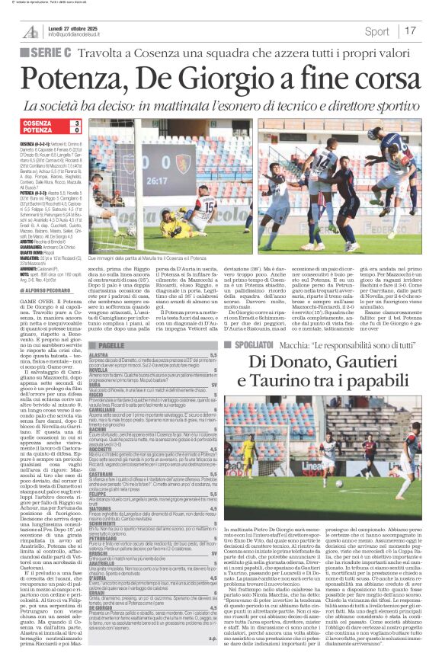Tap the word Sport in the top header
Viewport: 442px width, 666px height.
(x=376, y=31)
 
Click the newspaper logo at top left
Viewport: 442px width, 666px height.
(x=30, y=31)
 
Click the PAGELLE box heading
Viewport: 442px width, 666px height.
(x=110, y=345)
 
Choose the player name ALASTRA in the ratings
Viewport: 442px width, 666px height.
(x=99, y=355)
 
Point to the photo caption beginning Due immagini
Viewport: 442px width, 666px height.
(x=114, y=260)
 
